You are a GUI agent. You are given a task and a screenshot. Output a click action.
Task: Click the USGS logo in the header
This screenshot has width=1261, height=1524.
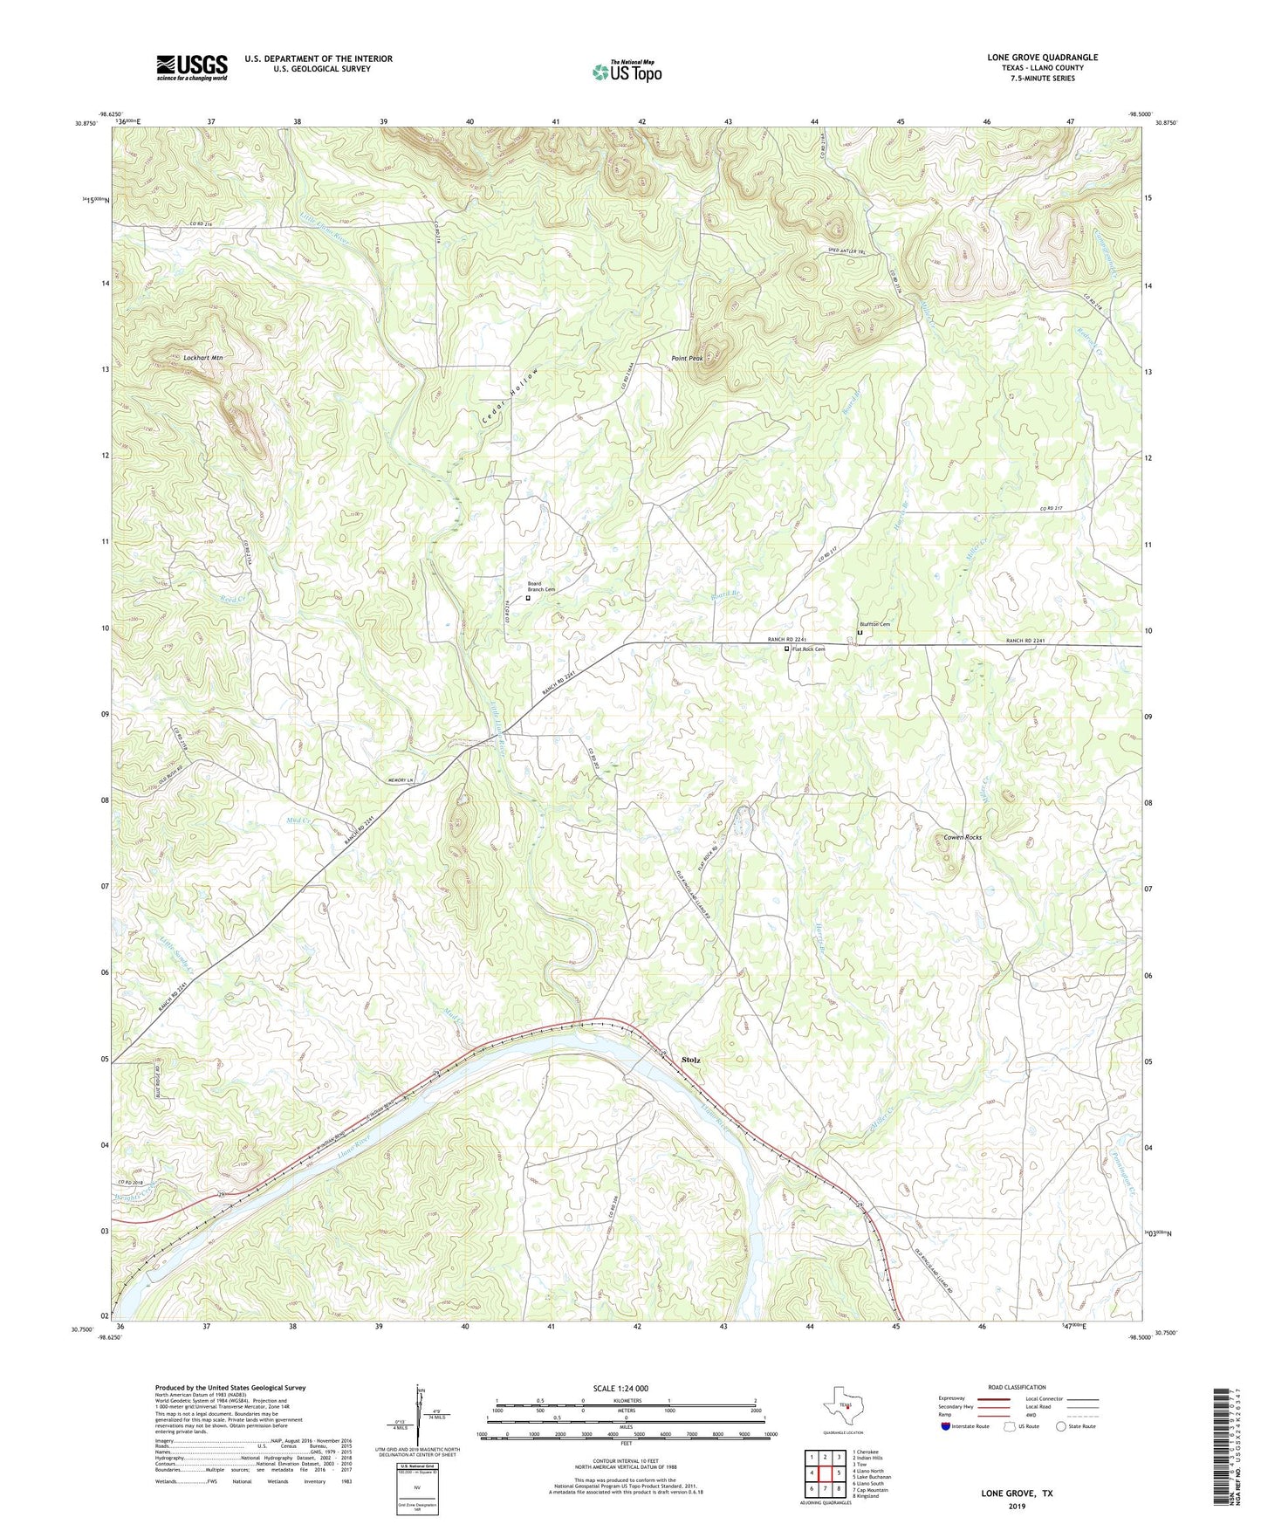point(192,66)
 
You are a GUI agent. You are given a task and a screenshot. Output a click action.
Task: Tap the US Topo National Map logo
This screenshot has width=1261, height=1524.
point(627,71)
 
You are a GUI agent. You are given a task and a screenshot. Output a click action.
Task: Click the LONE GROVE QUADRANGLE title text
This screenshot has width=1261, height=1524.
point(1042,58)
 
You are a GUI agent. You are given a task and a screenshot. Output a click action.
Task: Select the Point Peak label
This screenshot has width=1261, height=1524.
point(686,359)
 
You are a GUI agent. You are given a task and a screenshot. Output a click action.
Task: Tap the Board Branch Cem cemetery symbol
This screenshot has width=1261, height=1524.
point(527,599)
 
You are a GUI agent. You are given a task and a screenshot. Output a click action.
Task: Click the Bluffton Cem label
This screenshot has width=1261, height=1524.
point(873,624)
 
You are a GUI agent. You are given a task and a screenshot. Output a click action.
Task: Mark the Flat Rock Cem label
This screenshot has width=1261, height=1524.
point(808,649)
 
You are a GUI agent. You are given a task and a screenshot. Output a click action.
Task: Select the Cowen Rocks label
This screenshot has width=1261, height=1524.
point(962,837)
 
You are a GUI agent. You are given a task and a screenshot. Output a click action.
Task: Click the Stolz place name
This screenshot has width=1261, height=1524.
point(690,1061)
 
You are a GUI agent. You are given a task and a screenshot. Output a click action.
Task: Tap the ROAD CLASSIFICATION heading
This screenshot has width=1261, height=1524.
point(1017,1387)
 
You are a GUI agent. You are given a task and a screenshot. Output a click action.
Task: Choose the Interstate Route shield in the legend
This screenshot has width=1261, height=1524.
point(946,1426)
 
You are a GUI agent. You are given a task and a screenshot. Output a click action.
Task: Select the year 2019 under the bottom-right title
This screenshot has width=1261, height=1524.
point(1017,1507)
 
